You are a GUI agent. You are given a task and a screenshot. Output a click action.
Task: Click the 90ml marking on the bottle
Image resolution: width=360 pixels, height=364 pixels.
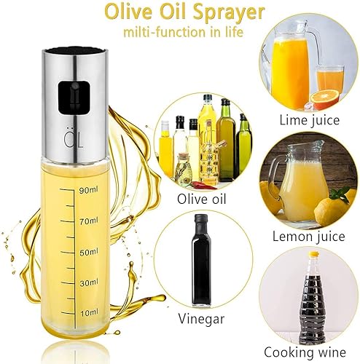point(89,190)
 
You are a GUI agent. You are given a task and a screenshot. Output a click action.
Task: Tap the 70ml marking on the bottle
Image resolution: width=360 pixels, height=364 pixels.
point(89,221)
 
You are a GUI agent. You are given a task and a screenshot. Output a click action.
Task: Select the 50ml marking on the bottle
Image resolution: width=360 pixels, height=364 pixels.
point(89,253)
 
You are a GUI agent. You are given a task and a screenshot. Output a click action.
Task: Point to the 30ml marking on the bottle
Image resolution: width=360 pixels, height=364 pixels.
point(89,282)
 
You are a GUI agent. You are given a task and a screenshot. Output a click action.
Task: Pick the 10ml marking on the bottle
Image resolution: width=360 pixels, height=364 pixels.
point(90,313)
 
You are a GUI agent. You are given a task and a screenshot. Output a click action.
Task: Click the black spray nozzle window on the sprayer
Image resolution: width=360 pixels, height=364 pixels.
point(74,98)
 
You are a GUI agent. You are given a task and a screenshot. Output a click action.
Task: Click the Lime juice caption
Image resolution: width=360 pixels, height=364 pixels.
point(309,120)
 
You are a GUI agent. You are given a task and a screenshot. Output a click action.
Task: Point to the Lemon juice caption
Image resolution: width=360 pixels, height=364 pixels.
point(308,237)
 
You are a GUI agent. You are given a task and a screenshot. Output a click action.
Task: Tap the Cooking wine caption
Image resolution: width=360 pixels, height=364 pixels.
point(305,352)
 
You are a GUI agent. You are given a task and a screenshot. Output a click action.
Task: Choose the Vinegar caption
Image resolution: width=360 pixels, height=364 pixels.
point(201,319)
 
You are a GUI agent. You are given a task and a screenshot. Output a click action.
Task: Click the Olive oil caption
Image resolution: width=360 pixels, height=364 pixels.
point(201,199)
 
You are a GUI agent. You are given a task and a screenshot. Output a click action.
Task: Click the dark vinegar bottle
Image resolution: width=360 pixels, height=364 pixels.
point(201,260)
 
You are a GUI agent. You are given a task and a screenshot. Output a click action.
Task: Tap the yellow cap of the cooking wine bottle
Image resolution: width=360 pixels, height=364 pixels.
point(313,254)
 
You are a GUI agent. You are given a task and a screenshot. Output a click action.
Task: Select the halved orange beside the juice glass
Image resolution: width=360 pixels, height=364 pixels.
point(325,99)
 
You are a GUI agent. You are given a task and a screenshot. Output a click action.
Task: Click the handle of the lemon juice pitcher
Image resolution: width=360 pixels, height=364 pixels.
point(276,178)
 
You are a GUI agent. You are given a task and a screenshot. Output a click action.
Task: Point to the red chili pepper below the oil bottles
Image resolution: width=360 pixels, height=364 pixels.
point(203,186)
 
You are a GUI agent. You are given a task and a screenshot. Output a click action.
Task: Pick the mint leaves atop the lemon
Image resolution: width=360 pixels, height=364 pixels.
point(340,193)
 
